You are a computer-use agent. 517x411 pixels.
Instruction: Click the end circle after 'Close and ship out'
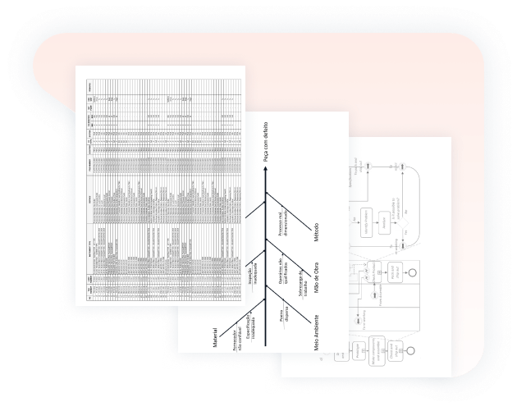click(x=411, y=349)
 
